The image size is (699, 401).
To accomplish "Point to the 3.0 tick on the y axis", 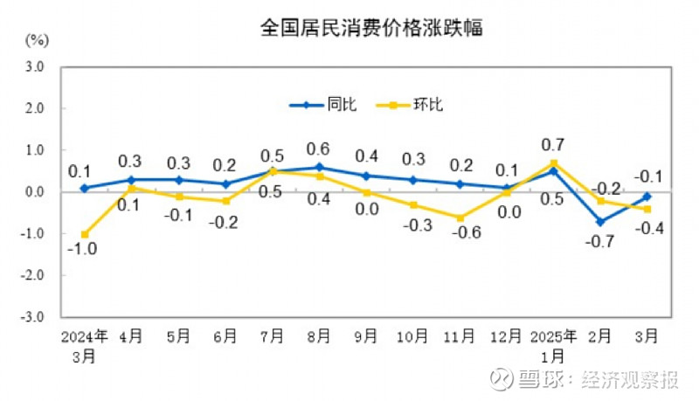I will point(34,66).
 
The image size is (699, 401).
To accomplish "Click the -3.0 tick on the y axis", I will point(32,316).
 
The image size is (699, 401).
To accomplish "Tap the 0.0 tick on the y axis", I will point(34,191).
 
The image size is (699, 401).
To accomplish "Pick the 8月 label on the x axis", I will point(319,336).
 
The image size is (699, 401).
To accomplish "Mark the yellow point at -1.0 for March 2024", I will point(85,234).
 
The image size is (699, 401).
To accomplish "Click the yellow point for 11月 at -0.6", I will point(460,218).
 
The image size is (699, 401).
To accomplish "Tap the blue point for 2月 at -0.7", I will point(600,221).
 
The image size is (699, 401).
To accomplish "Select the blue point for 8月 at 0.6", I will point(319,167).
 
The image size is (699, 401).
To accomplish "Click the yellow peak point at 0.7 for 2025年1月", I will point(553,162).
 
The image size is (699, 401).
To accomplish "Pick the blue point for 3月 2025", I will point(647,196).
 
